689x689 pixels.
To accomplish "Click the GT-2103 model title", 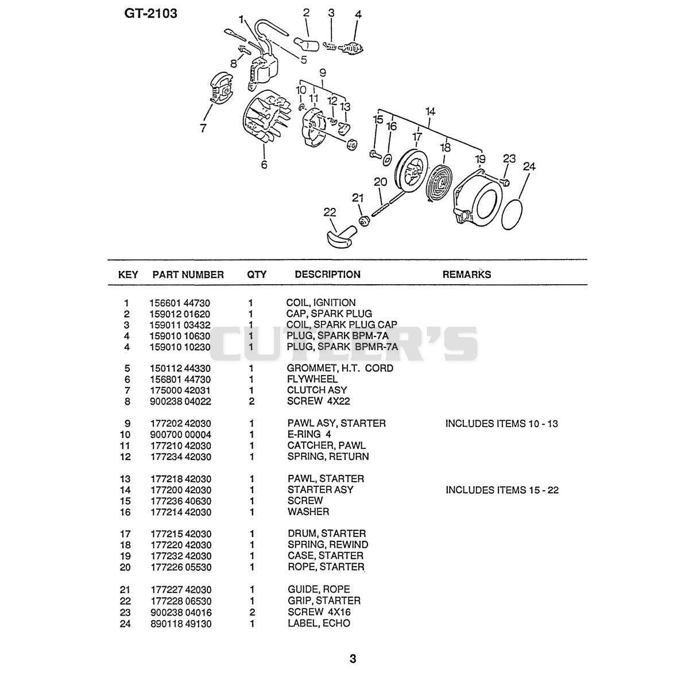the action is click(150, 14).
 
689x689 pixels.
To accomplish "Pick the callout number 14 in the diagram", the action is click(430, 112).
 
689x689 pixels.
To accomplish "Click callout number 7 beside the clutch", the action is click(203, 128).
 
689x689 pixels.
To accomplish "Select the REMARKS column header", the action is click(467, 274).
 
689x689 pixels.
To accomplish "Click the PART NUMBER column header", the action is click(188, 274).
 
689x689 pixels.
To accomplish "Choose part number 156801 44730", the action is click(180, 380).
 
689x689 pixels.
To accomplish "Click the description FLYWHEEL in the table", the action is click(312, 379).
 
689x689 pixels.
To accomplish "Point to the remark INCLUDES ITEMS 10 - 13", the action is click(502, 424).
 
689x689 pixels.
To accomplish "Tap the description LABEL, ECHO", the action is click(319, 623).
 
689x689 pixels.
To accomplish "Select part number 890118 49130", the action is click(181, 624).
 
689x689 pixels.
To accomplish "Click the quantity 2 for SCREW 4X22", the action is click(251, 401).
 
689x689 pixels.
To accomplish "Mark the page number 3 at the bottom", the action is click(353, 659).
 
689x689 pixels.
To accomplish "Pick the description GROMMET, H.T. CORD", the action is click(340, 368).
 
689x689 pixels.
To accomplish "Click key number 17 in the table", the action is click(126, 534).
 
